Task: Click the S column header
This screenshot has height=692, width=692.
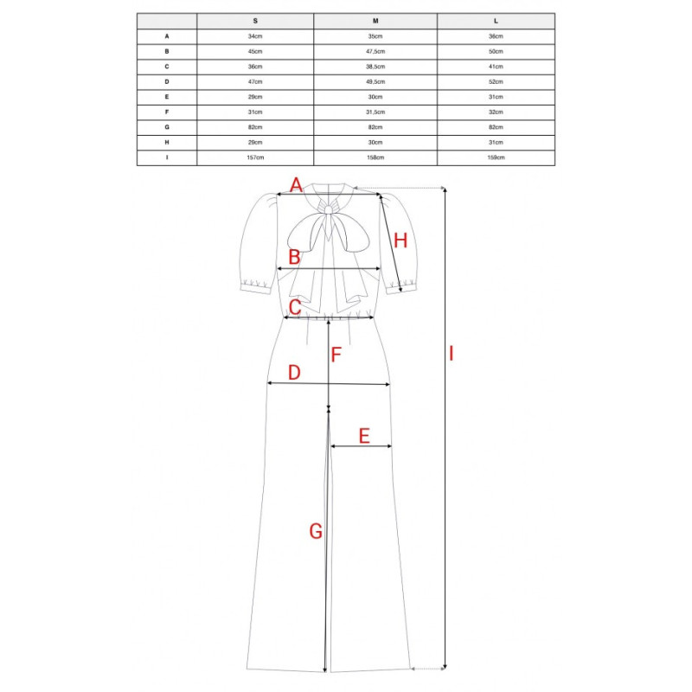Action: tap(255, 21)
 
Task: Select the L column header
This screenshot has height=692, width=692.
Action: tap(496, 21)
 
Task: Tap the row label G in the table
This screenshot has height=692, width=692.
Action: tap(167, 127)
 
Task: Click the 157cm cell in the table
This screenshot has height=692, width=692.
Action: tap(255, 157)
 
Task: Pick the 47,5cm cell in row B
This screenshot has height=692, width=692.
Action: tap(375, 52)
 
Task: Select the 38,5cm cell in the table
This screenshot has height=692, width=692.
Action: tap(375, 67)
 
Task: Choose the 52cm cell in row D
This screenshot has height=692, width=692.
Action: tap(496, 81)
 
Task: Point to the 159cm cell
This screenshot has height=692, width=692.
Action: tap(496, 157)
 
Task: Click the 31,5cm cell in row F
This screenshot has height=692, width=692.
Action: tap(375, 112)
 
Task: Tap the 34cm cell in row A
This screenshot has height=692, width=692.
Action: tap(255, 36)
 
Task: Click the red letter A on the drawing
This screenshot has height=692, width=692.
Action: tap(296, 185)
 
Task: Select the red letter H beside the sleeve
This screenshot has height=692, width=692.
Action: tap(400, 241)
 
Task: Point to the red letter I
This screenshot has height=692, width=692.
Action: tap(451, 354)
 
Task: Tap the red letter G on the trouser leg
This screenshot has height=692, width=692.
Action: tap(316, 531)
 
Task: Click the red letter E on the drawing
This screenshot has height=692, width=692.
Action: tap(364, 436)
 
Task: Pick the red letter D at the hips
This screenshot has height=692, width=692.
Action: tap(294, 373)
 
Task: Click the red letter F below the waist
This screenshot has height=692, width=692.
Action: tap(336, 355)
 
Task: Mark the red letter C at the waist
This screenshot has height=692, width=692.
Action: tap(295, 307)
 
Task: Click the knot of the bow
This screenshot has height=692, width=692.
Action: tap(329, 209)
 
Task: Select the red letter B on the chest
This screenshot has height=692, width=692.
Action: tap(294, 257)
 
